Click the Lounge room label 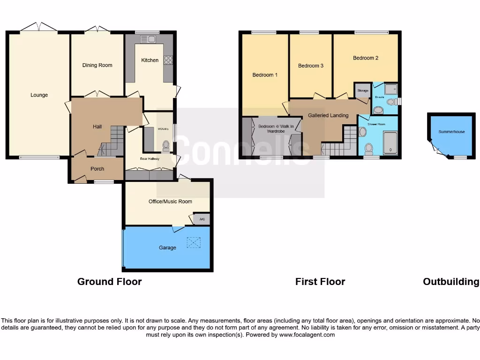(x=39, y=95)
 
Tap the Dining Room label (x=97, y=65)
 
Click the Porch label (x=97, y=169)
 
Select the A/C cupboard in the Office (x=202, y=219)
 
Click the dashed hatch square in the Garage (x=193, y=242)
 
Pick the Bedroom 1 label (x=265, y=75)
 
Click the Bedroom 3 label (x=311, y=66)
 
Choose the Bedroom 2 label (x=366, y=58)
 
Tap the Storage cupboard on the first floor (x=362, y=90)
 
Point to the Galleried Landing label (x=328, y=115)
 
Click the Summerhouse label (x=451, y=132)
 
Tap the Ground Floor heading (x=109, y=282)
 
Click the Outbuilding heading (x=451, y=282)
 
